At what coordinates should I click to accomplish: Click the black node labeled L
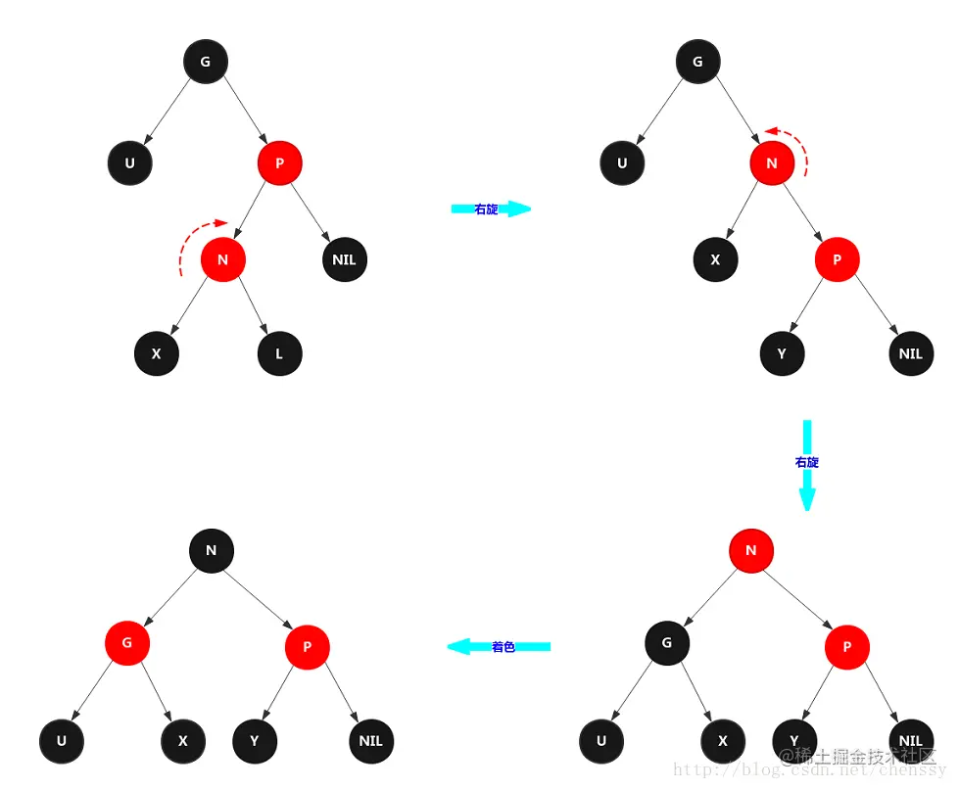[x=280, y=353]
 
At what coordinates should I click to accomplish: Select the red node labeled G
[x=127, y=643]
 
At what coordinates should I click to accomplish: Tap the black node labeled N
[x=211, y=550]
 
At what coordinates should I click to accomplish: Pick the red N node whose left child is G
[x=751, y=550]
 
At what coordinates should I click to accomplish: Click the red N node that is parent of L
[x=222, y=259]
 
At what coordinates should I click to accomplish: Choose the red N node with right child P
[x=772, y=163]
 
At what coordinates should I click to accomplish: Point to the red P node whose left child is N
[x=280, y=162]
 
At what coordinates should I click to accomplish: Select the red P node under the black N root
[x=308, y=646]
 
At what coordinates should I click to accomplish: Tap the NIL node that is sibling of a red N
[x=344, y=259]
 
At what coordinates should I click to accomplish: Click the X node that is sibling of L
[x=157, y=353]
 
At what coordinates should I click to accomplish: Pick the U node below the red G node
[x=62, y=741]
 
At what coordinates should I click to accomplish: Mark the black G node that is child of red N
[x=667, y=643]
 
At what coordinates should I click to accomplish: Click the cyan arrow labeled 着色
[x=500, y=646]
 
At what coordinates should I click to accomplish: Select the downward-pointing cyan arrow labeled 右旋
[x=807, y=465]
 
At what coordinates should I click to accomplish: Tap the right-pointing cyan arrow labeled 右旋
[x=490, y=209]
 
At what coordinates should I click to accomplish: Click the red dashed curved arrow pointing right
[x=194, y=240]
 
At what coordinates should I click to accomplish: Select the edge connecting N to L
[x=253, y=308]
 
